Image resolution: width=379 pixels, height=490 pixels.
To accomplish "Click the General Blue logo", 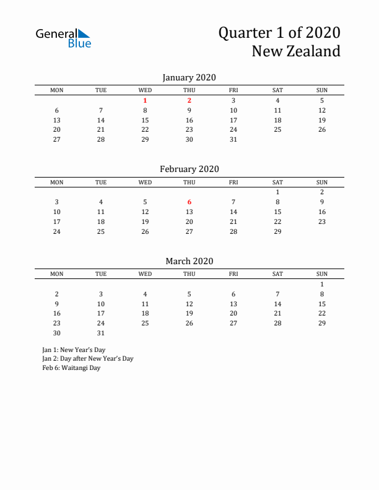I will pos(63,38).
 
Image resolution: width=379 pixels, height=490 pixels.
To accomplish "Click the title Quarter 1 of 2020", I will pos(279,33).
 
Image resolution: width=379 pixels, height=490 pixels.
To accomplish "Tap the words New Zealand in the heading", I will pos(295,51).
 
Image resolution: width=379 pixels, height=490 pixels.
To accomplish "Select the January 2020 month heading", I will pos(189,77).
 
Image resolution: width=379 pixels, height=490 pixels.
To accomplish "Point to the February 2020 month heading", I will pos(189,169).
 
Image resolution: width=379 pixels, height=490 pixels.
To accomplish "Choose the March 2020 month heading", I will pos(189,261).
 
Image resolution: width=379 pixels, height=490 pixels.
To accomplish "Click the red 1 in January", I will pos(145,100).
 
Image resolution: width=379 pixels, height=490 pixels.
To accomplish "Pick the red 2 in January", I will pos(189,100).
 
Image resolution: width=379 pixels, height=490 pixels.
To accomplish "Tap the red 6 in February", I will pos(189,202).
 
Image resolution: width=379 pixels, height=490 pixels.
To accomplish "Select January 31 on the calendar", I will pos(233,139).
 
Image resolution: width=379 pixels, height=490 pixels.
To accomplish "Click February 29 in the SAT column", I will pos(277,231).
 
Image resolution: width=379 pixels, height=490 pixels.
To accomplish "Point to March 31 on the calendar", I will pos(101,333).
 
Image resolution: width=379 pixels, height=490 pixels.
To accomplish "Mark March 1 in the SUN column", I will pos(322,284).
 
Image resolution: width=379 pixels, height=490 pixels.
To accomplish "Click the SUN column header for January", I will pos(322,90).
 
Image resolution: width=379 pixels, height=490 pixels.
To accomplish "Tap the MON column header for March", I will pos(56,273).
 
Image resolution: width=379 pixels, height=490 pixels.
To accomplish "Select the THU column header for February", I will pos(189,182).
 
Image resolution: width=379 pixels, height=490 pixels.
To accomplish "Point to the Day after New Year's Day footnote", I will pos(88,358).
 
